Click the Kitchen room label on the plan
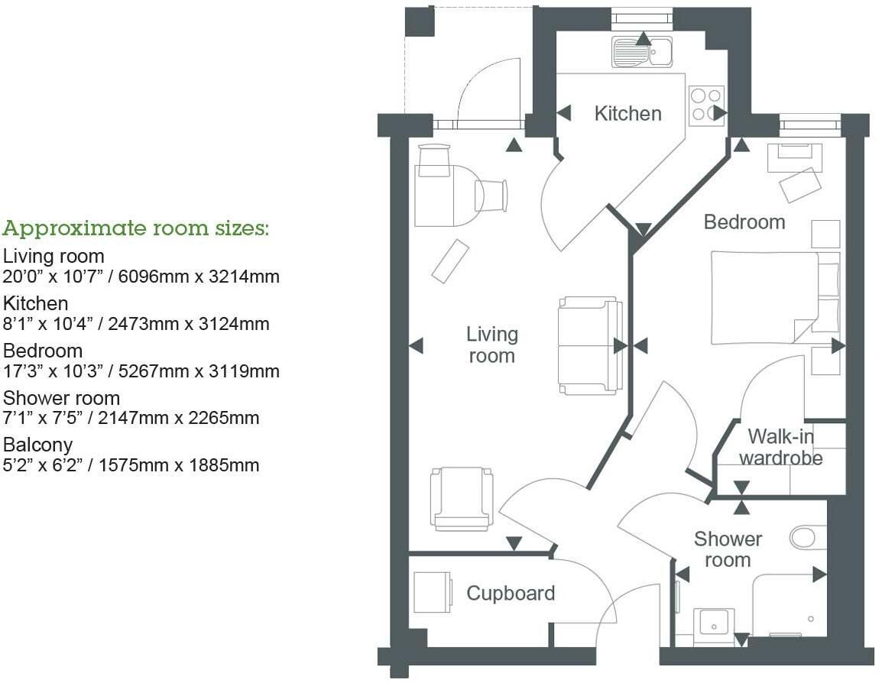point(627,114)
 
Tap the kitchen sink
point(642,52)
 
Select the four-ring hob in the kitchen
point(706,105)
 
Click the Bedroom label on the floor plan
point(744,222)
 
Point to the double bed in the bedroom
point(775,297)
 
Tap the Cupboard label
point(511,594)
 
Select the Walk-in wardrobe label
point(781,447)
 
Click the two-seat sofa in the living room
point(591,346)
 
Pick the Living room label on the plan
point(491,345)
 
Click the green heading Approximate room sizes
point(135,229)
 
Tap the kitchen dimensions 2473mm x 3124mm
point(189,324)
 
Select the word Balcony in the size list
point(37,445)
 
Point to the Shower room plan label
point(728,549)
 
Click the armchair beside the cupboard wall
point(461,499)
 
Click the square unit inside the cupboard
point(433,593)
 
